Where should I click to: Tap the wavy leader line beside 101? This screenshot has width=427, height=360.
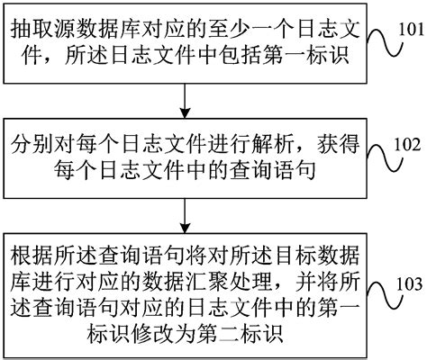pyautogui.click(x=377, y=40)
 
